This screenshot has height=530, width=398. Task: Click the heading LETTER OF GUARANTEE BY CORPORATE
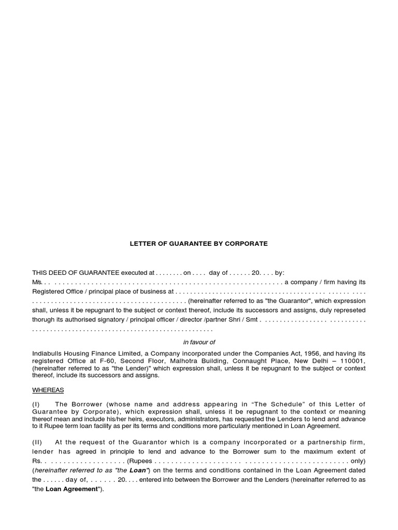coord(198,243)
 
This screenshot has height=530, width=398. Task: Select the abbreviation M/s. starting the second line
coord(36,282)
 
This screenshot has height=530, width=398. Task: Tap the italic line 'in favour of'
coord(199,342)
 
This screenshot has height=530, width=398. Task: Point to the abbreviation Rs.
coord(37,460)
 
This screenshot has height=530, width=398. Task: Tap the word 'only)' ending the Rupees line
coord(357,460)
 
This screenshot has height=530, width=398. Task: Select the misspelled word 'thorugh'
coord(44,319)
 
